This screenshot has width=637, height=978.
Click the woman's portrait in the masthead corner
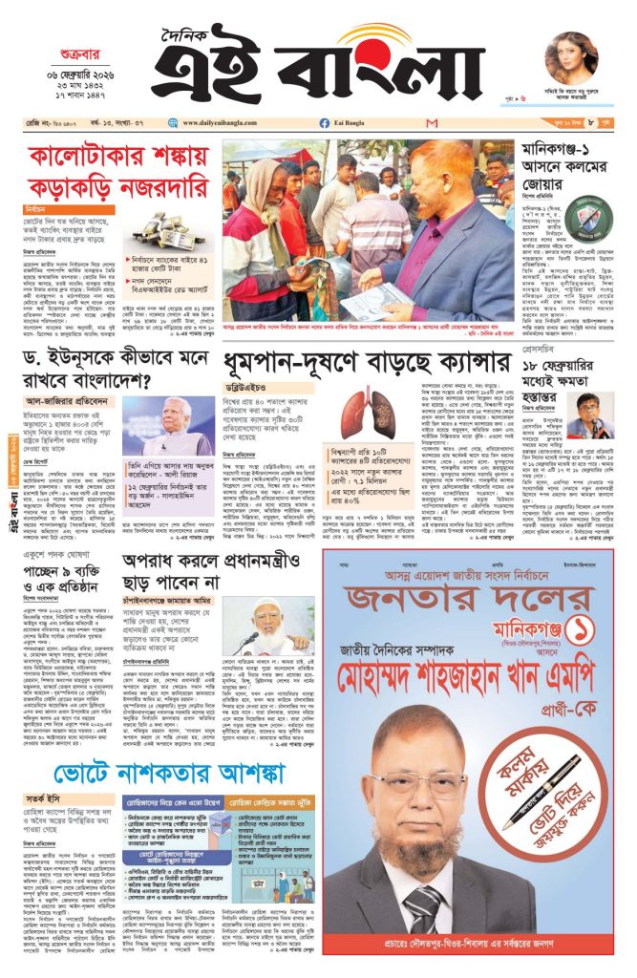(x=571, y=56)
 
